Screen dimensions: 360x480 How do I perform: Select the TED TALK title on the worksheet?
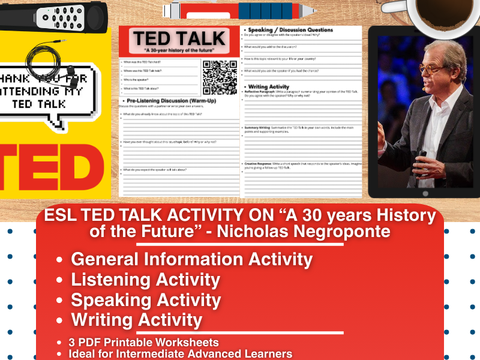point(179,40)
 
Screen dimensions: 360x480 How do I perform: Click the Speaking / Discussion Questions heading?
point(287,29)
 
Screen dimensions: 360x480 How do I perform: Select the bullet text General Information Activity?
point(191,259)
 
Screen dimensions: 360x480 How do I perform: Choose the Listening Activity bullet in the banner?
point(145,280)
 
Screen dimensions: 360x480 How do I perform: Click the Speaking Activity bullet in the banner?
point(146,300)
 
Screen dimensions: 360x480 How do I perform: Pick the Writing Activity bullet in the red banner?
point(136,320)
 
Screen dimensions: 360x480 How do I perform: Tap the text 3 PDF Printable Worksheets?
point(144,342)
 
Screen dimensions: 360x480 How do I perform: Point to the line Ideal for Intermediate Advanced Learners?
point(180,353)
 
